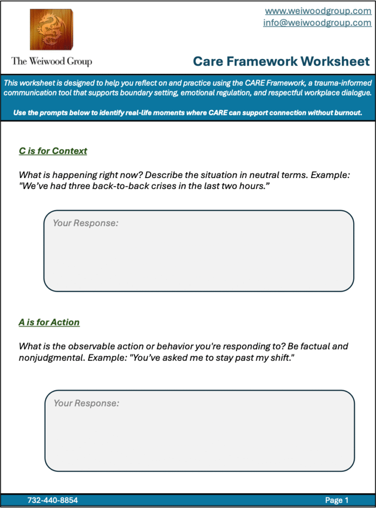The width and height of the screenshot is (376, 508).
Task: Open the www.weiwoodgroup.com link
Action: tap(318, 10)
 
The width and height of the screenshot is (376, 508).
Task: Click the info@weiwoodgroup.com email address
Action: tap(317, 23)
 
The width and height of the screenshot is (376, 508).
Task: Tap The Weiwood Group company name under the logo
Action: tap(52, 62)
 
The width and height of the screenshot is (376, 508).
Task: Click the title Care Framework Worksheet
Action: tap(281, 62)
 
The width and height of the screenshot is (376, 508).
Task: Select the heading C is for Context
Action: tap(53, 151)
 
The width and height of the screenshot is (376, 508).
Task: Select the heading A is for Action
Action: tap(49, 322)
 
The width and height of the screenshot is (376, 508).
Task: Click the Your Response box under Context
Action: tap(199, 251)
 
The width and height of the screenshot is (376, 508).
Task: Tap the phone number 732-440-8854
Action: tap(53, 500)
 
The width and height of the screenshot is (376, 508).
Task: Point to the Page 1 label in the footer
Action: tap(337, 500)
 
